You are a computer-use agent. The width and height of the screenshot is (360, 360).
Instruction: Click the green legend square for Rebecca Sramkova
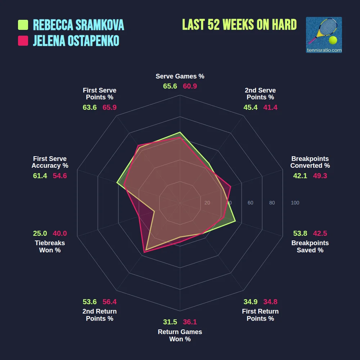23,25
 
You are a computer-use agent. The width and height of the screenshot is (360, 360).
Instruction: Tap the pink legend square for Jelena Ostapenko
23,41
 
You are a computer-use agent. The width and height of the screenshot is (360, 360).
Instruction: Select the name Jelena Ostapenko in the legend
76,41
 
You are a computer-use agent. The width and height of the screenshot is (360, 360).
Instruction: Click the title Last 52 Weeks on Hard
239,24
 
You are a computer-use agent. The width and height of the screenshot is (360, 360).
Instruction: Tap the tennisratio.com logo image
324,35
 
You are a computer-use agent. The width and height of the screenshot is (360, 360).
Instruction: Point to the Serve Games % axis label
180,76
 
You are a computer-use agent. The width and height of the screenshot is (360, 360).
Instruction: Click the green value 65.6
170,86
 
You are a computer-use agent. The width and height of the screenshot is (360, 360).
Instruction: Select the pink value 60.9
190,86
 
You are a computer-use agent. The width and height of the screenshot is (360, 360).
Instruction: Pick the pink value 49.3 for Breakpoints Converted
320,176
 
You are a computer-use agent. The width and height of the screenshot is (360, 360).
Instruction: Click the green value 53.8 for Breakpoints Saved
300,233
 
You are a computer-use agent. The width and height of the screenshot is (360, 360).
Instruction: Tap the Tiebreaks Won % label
50,247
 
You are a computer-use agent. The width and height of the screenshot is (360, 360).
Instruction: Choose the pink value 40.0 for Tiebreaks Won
60,233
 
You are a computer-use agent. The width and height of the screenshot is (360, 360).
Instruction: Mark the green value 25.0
40,233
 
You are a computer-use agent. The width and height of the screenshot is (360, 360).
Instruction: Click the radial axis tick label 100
295,203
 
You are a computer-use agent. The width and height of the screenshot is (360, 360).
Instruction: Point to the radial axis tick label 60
251,203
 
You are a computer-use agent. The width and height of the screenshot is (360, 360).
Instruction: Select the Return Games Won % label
180,336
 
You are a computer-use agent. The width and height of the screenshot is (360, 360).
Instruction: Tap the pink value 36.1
190,322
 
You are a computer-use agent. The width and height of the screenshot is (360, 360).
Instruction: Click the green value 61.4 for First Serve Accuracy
40,176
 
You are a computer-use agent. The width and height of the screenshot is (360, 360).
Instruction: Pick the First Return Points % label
260,315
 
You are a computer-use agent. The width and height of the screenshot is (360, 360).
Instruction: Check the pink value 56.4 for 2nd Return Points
109,302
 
